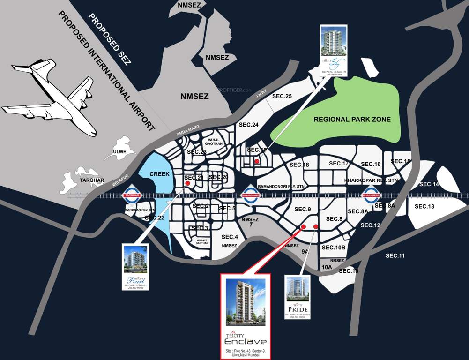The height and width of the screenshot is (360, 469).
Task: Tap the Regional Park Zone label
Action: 352,119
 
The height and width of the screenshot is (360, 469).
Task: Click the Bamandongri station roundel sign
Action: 250,195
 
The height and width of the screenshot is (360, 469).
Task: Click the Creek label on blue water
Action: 158,174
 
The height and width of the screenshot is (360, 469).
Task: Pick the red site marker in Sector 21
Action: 188,184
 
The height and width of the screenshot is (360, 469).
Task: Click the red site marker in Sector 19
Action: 257,161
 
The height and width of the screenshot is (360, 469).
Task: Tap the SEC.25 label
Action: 282,96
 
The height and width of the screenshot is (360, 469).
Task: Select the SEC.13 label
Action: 424,206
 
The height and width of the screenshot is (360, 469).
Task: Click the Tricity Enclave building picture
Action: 245,302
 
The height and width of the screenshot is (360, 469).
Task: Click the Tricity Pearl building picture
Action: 135,258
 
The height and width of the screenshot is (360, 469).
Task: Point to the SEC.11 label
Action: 395,255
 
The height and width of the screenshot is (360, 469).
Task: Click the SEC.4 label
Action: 230,237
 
